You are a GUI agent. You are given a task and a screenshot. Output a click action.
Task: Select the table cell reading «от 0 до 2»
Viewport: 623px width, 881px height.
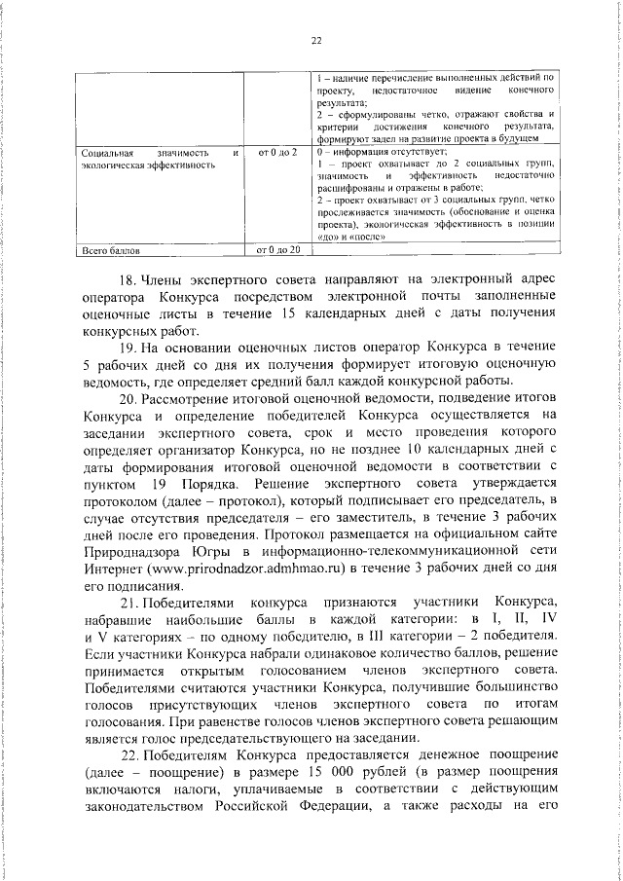coord(276,152)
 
